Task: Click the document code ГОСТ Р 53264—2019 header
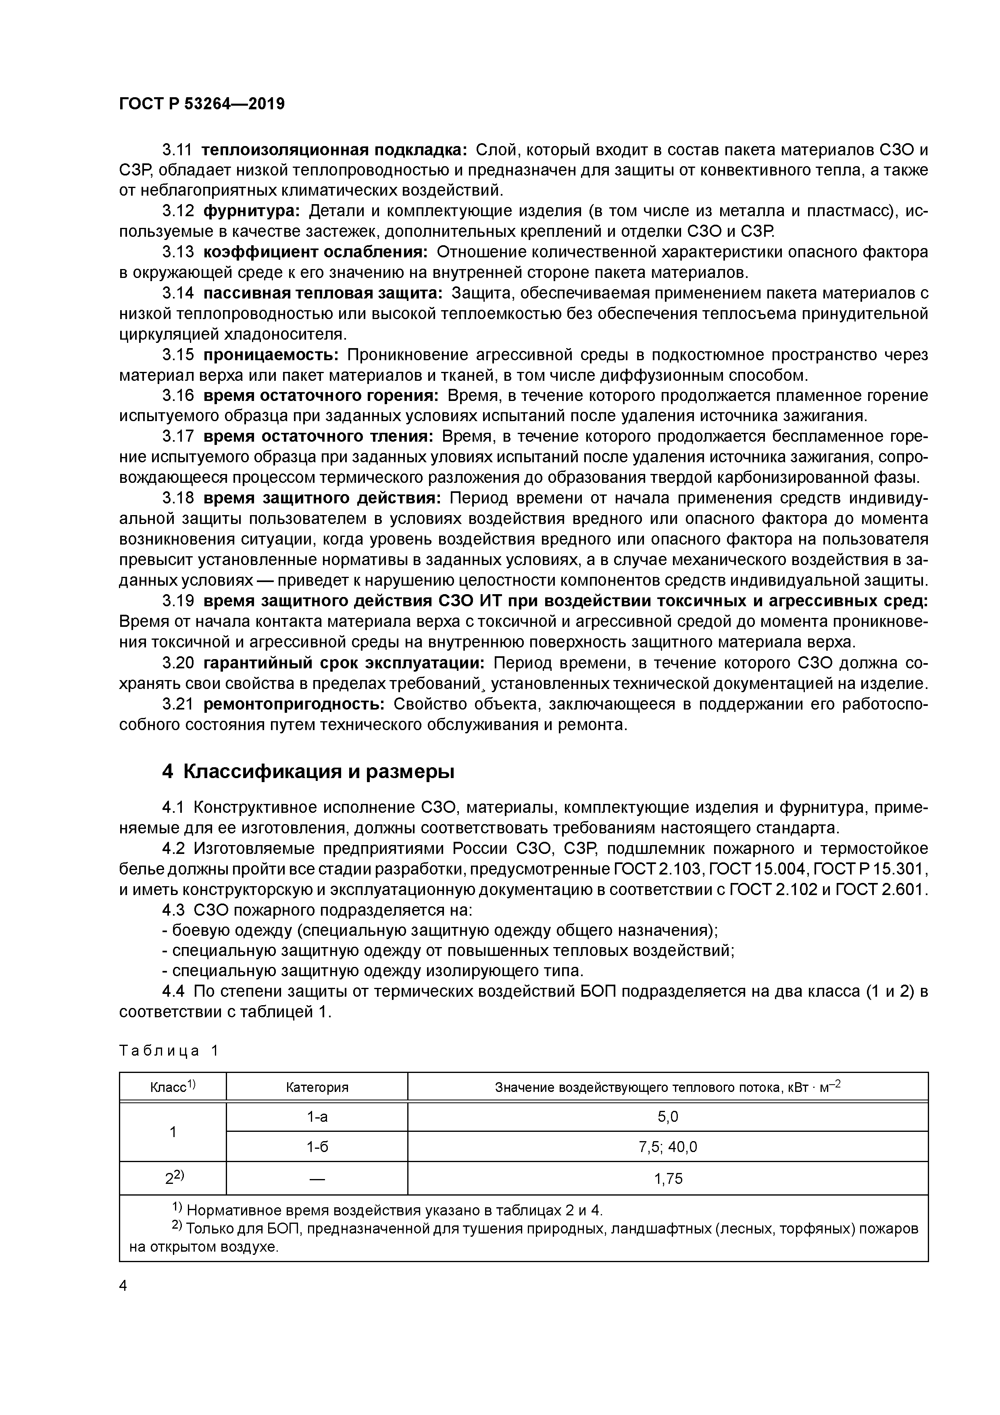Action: pyautogui.click(x=202, y=104)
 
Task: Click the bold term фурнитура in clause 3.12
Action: pyautogui.click(x=251, y=211)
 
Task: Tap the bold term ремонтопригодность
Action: pyautogui.click(x=294, y=704)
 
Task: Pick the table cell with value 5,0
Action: pyautogui.click(x=668, y=1117)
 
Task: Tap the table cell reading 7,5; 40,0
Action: pyautogui.click(x=668, y=1147)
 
